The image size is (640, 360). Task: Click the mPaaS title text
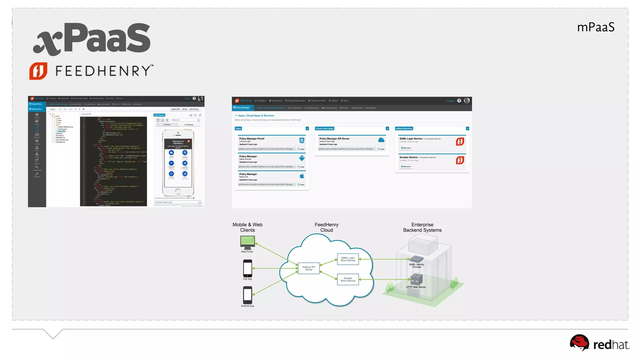point(596,27)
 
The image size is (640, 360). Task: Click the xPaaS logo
point(92,39)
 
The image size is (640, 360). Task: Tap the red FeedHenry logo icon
point(38,71)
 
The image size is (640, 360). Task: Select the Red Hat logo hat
point(579,342)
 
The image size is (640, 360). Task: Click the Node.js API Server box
point(309,268)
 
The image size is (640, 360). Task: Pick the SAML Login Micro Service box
point(348,259)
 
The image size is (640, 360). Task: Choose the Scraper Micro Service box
point(348,279)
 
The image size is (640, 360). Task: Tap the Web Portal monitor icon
point(247,242)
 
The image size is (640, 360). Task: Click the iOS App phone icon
point(247,268)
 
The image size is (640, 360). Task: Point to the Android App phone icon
point(247,295)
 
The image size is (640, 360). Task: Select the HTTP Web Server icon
point(416,279)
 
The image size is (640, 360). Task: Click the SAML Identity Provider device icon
point(417,259)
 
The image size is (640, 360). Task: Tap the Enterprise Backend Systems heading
point(422,227)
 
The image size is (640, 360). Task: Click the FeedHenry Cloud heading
point(326,227)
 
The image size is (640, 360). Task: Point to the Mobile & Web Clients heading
point(247,227)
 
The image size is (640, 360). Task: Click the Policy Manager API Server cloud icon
point(381,140)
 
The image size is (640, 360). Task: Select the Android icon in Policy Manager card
point(302,158)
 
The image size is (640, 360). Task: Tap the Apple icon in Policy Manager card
point(302,176)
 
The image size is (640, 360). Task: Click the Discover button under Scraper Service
point(406,167)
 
